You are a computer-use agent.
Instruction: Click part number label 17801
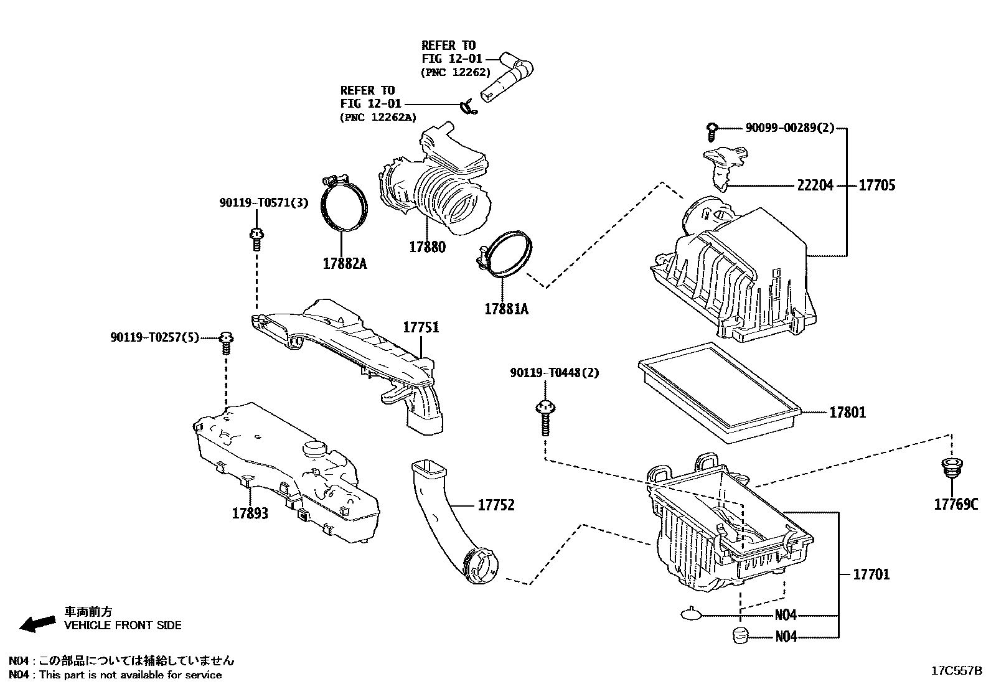click(x=847, y=413)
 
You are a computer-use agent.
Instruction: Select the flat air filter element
click(x=718, y=392)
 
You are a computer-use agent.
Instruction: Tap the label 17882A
click(x=344, y=264)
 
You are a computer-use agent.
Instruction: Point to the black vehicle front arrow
click(x=37, y=624)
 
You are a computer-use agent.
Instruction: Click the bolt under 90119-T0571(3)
click(x=255, y=239)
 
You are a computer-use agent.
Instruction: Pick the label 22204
click(x=815, y=185)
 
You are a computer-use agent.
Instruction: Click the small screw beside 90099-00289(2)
click(x=712, y=130)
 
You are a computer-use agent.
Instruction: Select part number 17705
click(x=877, y=185)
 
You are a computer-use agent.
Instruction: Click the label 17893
click(x=250, y=513)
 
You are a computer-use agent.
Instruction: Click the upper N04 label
click(x=786, y=616)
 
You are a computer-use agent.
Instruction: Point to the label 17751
click(x=421, y=327)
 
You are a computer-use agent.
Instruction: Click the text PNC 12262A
click(x=378, y=117)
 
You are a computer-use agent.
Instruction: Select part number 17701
click(x=871, y=574)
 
